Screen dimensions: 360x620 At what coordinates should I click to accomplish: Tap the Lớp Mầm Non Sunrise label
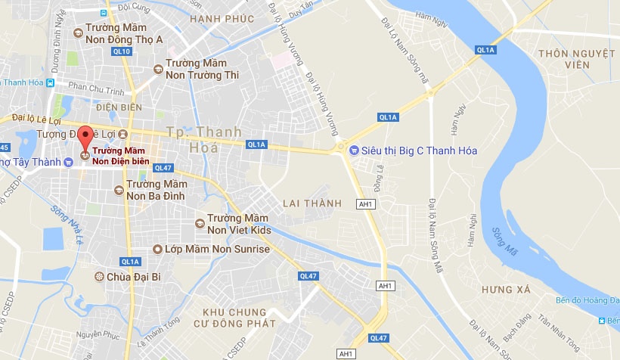click(212, 249)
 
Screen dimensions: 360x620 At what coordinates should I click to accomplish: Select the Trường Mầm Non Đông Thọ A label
click(127, 33)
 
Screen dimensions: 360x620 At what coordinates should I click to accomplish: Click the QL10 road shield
click(121, 51)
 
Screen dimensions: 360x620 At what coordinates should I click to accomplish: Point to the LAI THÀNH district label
click(312, 203)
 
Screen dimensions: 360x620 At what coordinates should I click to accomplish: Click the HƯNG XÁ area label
click(506, 290)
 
